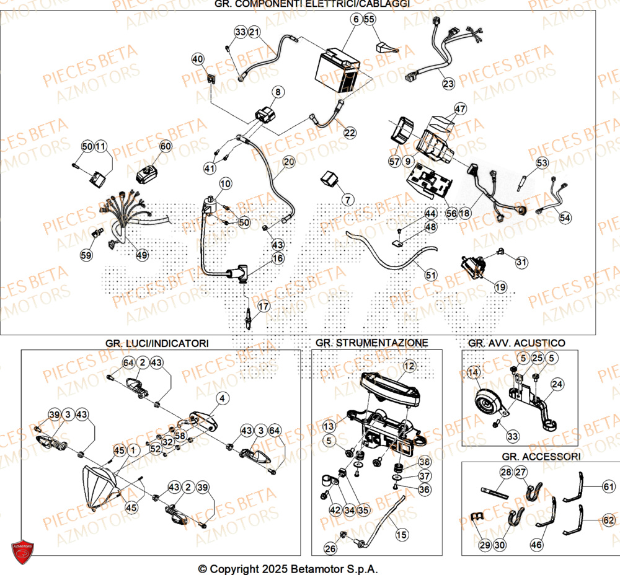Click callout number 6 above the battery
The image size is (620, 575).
click(356, 19)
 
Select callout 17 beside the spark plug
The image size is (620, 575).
click(264, 306)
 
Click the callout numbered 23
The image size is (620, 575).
click(448, 82)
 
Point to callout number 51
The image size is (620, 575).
click(430, 273)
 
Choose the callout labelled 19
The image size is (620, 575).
click(500, 287)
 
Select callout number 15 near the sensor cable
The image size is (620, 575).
click(402, 533)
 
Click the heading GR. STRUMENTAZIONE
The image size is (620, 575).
click(371, 343)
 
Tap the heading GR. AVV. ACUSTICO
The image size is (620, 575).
click(516, 343)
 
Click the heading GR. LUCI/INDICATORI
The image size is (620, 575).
click(157, 343)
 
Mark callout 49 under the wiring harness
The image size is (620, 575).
click(142, 255)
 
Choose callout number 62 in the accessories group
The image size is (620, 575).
click(608, 522)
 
